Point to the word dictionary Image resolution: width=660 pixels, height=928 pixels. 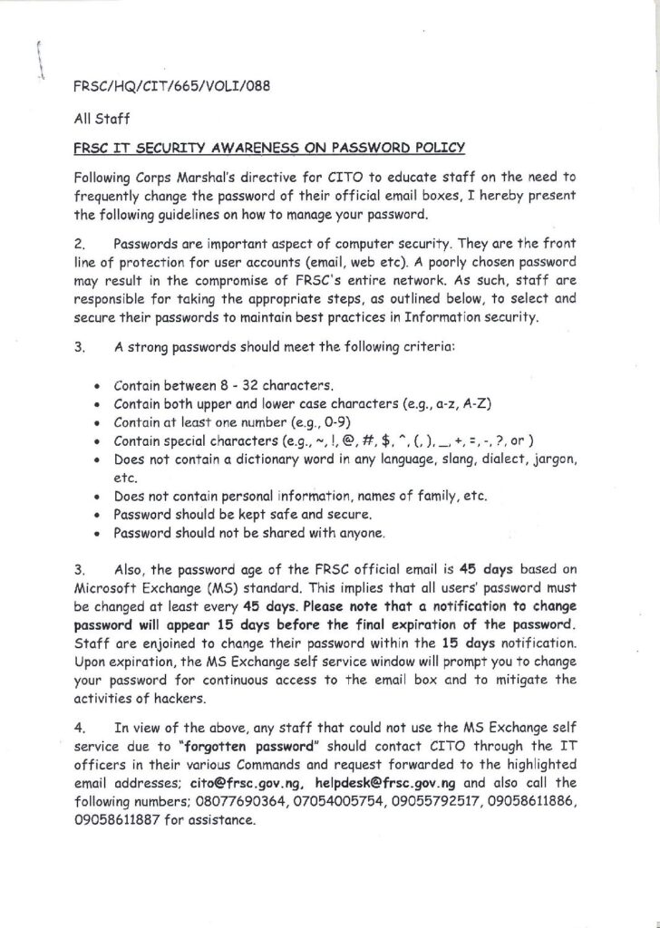coord(277,459)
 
